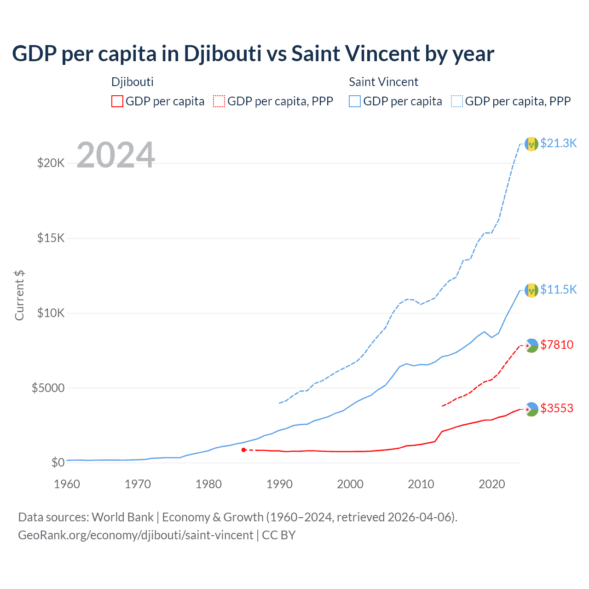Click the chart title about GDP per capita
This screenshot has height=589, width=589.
[x=253, y=54]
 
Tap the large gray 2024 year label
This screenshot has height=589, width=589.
[x=115, y=155]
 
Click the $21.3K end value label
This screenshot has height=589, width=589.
[x=558, y=143]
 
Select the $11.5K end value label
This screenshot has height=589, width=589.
[x=558, y=289]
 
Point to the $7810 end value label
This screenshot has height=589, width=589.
[x=557, y=345]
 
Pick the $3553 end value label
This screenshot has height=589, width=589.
[x=557, y=408]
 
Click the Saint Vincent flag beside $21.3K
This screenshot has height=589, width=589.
[x=531, y=144]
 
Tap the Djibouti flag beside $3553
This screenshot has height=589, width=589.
[x=531, y=409]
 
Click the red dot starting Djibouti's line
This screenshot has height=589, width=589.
[x=243, y=450]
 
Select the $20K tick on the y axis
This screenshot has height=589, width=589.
[x=51, y=163]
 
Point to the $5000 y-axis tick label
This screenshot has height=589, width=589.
[x=48, y=388]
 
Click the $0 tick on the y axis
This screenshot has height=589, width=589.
[x=58, y=462]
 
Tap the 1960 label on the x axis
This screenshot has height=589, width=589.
[x=67, y=484]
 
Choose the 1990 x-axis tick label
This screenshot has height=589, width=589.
[x=279, y=484]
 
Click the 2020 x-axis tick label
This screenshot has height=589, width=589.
[x=492, y=484]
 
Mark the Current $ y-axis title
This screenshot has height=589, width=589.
[x=19, y=295]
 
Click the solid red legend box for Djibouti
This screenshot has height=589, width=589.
[x=117, y=101]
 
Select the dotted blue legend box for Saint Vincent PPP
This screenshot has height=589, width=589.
[x=457, y=101]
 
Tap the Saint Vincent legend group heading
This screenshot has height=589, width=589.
[x=383, y=82]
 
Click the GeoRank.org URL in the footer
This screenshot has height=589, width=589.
[x=135, y=535]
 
